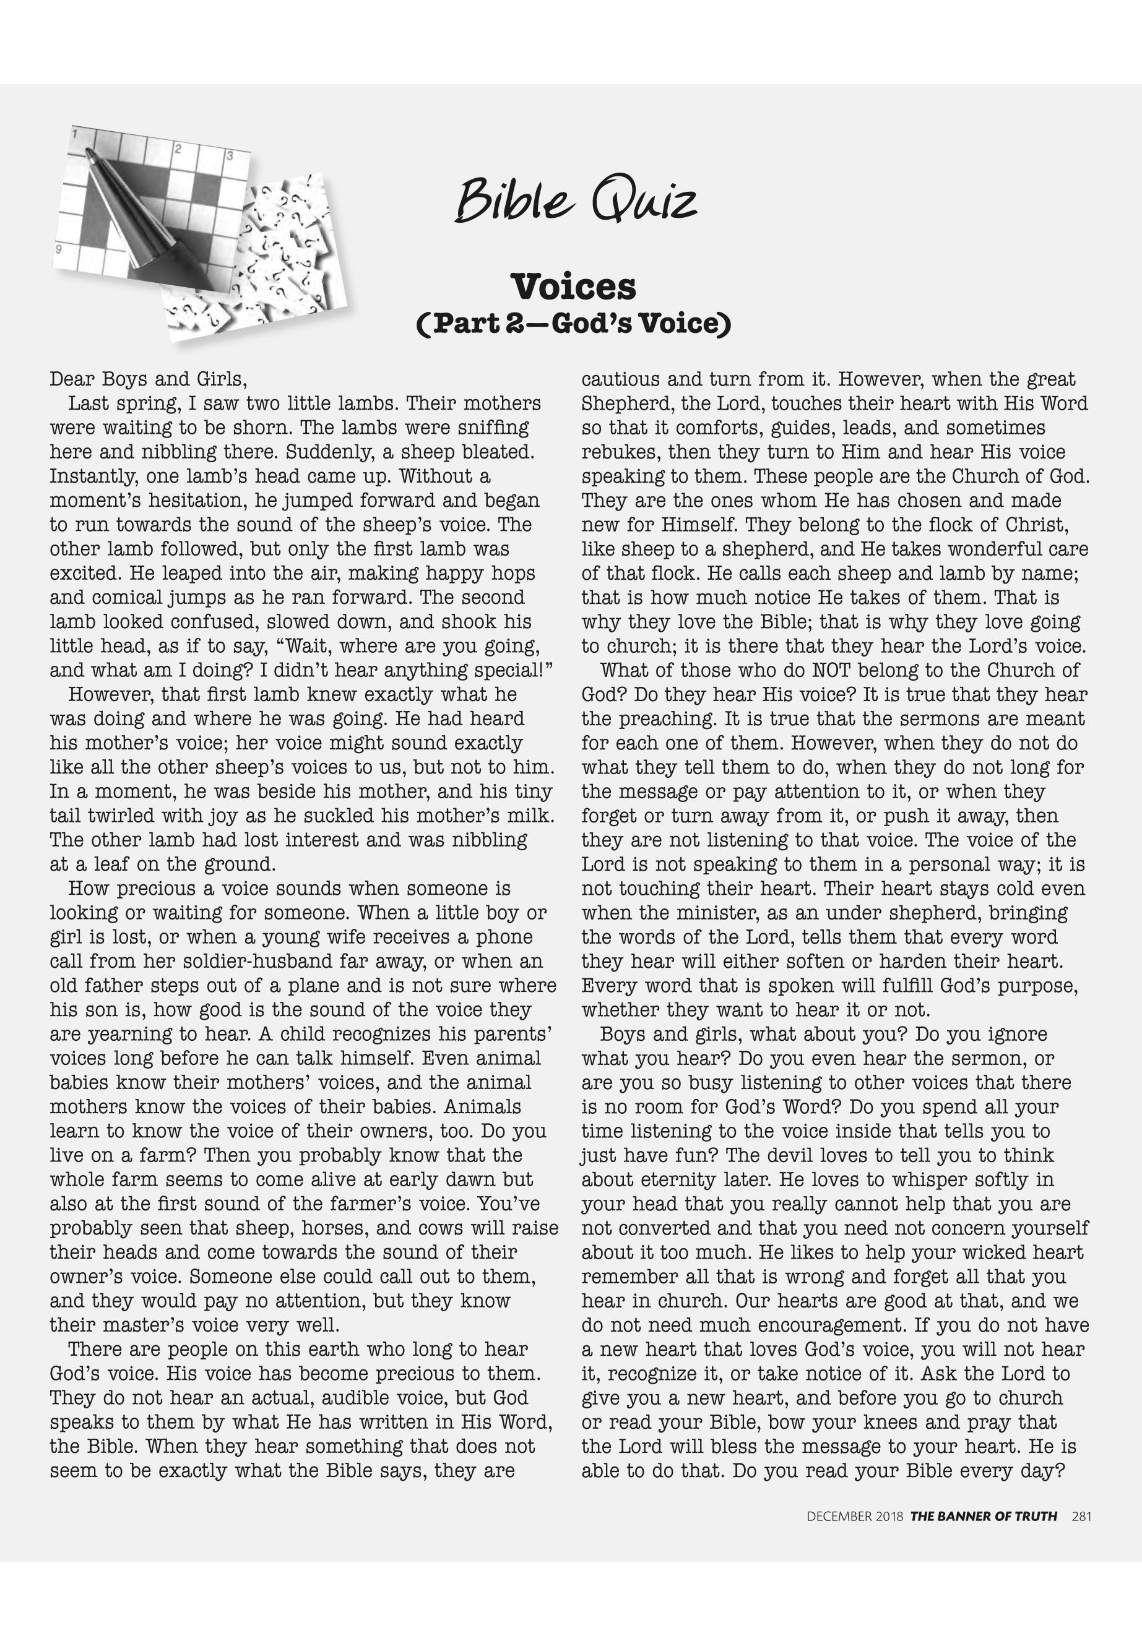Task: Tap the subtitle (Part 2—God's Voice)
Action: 573,324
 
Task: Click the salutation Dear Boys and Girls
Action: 148,379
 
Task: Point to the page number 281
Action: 1081,1516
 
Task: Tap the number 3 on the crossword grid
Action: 229,156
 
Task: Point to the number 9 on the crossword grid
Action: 58,249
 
